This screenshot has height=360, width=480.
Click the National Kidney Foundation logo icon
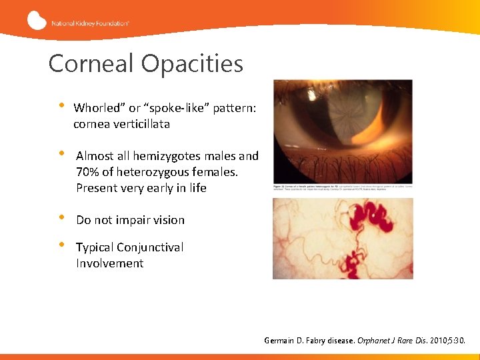[x=37, y=21]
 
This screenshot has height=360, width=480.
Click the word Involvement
[x=109, y=263]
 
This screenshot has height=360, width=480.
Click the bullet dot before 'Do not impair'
[x=63, y=218]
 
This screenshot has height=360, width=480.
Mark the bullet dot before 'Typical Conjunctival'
[x=63, y=245]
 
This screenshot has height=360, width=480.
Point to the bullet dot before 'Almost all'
[x=63, y=154]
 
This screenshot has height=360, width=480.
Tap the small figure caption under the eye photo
[x=343, y=188]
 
